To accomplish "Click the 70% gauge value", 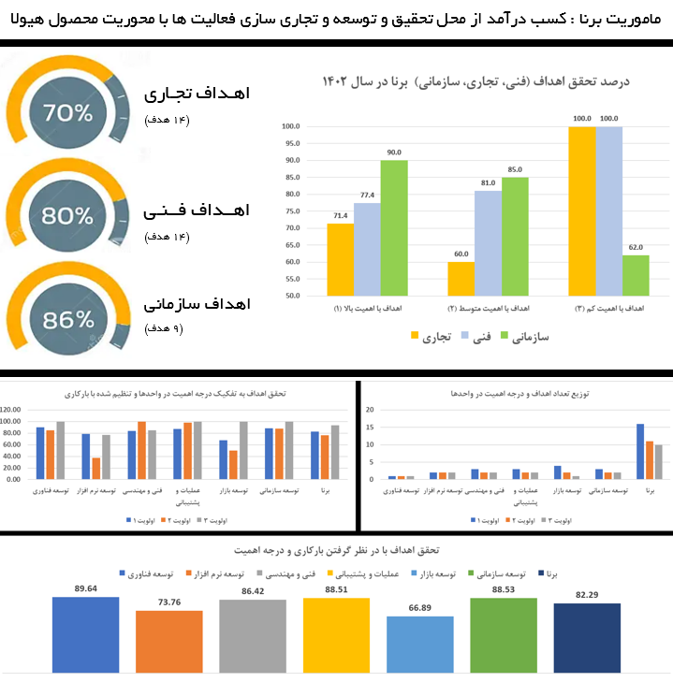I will (67, 114).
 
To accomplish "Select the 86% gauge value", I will (67, 320).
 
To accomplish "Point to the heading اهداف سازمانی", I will (197, 304).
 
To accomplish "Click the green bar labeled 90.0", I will (393, 228).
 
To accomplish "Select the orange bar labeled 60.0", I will (461, 279).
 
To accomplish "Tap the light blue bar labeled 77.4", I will (366, 249).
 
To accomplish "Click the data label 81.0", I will (487, 183).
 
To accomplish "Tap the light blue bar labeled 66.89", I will (419, 645).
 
